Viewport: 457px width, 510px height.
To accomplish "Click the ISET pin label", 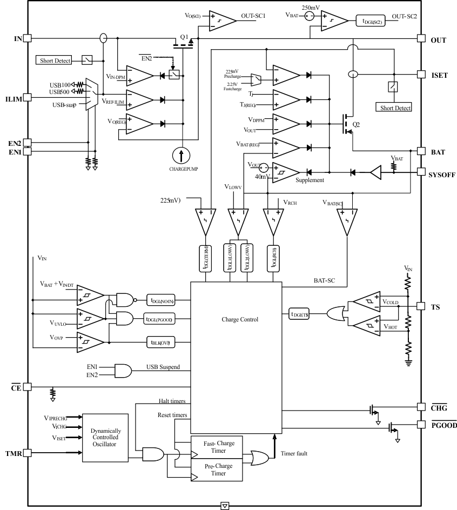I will coord(439,75).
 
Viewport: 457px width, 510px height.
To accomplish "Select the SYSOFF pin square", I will coord(422,172).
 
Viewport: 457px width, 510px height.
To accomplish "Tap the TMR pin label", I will coord(14,453).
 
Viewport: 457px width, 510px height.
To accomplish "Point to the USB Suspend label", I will coord(163,367).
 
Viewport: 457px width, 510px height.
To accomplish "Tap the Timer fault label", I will coord(294,453).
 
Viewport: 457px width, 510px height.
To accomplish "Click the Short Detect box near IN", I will coord(55,61).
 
